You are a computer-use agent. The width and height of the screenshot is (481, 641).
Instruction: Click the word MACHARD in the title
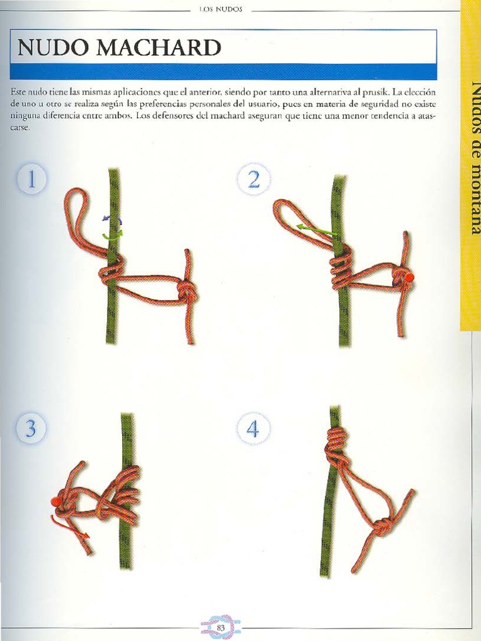tap(159, 48)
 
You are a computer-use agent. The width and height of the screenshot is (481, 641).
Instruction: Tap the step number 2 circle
tap(254, 180)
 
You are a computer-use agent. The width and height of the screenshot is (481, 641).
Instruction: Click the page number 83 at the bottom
tap(221, 627)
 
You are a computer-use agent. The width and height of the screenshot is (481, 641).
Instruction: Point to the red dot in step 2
tap(408, 277)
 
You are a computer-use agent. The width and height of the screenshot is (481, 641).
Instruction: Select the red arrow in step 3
tap(70, 526)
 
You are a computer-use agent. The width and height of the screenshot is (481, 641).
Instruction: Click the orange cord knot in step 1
tap(187, 292)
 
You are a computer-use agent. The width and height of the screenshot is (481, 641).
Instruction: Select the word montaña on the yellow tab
tap(474, 199)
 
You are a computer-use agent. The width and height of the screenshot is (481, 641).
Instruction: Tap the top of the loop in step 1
tap(80, 190)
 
